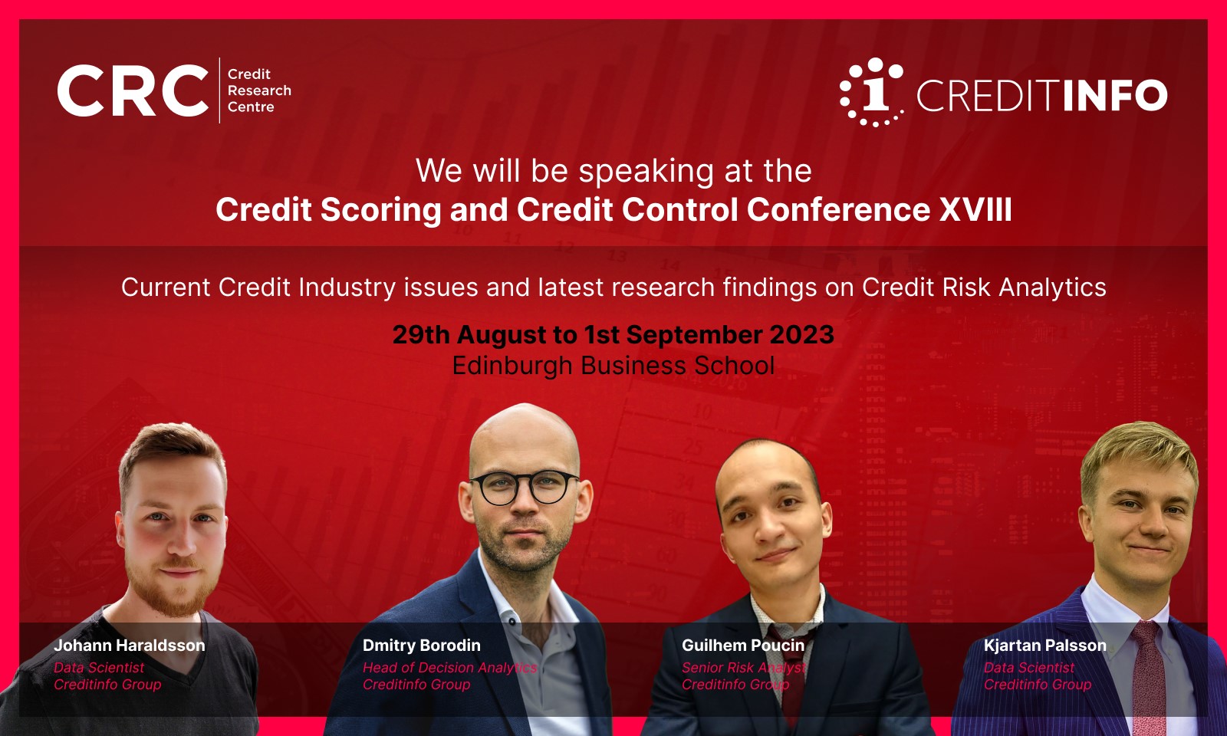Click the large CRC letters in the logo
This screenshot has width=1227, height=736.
point(133,90)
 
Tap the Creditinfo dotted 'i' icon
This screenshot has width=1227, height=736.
point(871,92)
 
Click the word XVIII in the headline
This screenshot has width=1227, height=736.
point(975,209)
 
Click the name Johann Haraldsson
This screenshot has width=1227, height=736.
point(130,645)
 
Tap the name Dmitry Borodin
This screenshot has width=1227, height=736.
point(421,645)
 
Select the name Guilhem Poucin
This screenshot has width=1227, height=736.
point(743,645)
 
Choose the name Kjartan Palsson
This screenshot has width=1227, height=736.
point(1044,645)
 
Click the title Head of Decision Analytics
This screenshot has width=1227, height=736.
point(449,668)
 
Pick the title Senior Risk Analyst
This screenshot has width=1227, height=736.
point(743,668)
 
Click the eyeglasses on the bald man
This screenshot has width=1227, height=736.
point(525,488)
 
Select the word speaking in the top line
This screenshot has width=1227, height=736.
point(646,172)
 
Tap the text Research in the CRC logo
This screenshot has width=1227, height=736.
point(259,90)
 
